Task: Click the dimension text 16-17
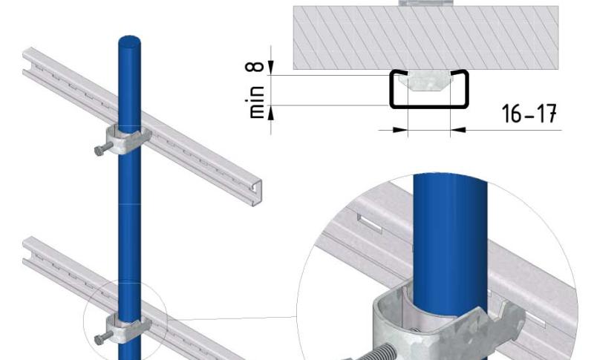[x=529, y=113]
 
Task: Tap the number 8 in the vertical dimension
[x=255, y=67]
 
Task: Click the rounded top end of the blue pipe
[x=129, y=42]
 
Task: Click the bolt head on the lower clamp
[x=98, y=340]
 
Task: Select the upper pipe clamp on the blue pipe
[x=128, y=140]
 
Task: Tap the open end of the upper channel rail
[x=256, y=193]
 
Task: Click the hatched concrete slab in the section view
[x=425, y=37]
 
